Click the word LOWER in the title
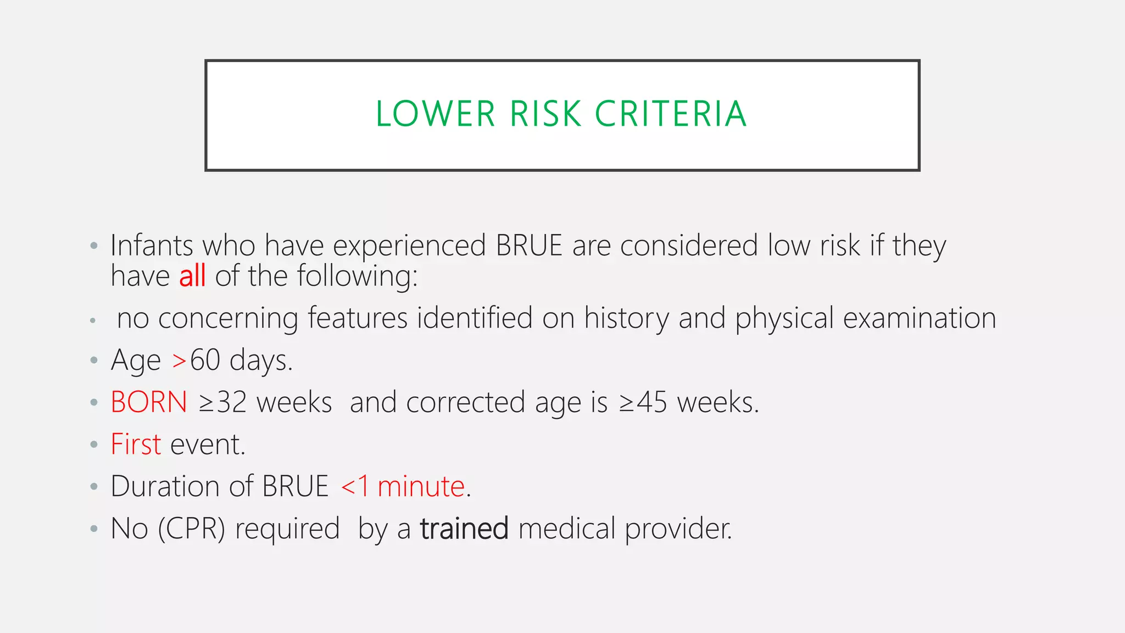point(435,114)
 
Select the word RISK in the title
point(545,114)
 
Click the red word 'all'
point(192,276)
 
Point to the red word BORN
point(149,402)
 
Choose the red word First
point(136,444)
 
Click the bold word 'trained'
point(464,529)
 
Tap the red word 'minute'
point(421,486)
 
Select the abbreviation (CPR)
point(192,529)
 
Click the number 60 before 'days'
point(205,360)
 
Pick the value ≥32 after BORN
point(222,402)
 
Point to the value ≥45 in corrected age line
point(643,402)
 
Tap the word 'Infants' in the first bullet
point(152,245)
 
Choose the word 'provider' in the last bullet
point(678,529)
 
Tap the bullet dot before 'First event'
point(94,445)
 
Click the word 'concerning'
point(228,318)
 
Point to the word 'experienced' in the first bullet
point(409,245)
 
